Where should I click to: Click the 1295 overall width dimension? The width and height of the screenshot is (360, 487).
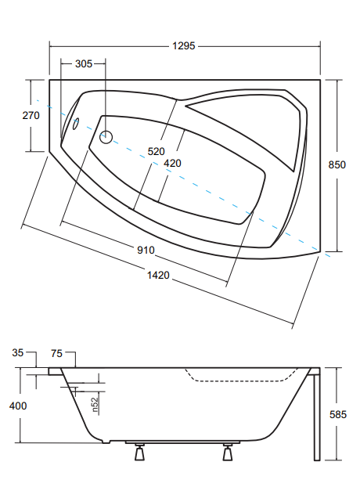point(184,46)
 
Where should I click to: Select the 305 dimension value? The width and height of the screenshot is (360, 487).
point(84,63)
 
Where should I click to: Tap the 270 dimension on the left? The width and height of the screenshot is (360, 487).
point(31,115)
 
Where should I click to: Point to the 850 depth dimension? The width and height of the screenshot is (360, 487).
point(337,164)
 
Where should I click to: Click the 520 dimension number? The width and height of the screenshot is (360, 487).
point(156,152)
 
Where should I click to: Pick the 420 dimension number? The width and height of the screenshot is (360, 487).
point(172,163)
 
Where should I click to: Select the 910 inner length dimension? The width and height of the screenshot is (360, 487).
point(146,250)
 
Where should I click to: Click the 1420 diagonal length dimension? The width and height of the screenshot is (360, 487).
point(158,275)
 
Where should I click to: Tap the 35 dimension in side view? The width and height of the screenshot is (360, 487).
point(18,353)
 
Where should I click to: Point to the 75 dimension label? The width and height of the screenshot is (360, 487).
point(56,353)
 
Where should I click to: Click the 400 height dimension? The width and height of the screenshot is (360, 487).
point(18,406)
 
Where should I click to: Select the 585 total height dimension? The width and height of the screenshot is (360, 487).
point(337,414)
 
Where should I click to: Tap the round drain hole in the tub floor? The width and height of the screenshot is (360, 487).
point(106,137)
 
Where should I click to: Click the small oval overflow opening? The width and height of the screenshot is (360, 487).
point(76,123)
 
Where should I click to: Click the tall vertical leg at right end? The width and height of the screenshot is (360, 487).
point(316,415)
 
